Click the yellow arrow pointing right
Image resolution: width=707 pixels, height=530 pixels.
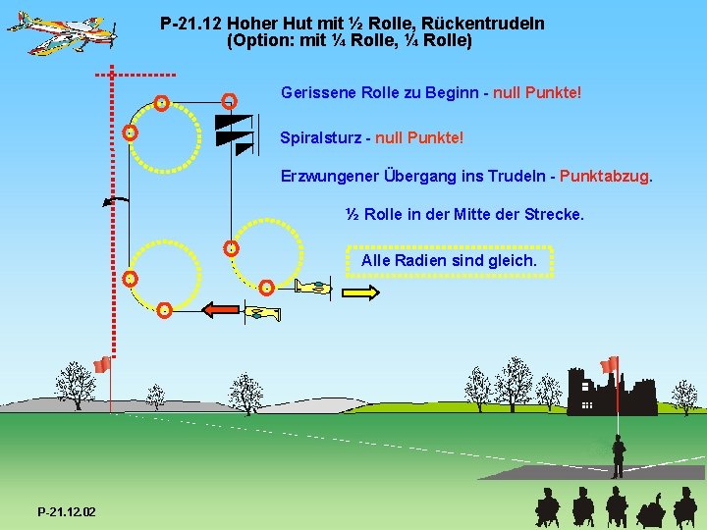tap(359, 291)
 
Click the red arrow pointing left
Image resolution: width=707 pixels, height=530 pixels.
tap(221, 310)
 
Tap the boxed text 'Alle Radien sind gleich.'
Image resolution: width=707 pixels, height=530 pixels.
tap(449, 261)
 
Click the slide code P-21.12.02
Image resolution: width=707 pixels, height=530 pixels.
tap(67, 512)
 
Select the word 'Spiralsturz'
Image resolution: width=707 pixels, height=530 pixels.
tap(320, 138)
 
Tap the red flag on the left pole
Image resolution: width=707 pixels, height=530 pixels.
tap(100, 366)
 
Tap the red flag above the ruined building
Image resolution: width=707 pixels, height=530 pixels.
tap(610, 364)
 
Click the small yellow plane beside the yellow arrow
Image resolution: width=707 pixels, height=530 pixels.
tap(314, 287)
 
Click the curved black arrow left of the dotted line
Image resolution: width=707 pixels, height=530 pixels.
tap(115, 201)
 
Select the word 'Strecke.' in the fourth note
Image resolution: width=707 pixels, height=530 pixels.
tap(555, 214)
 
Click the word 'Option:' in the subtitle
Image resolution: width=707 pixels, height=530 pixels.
tap(261, 41)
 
